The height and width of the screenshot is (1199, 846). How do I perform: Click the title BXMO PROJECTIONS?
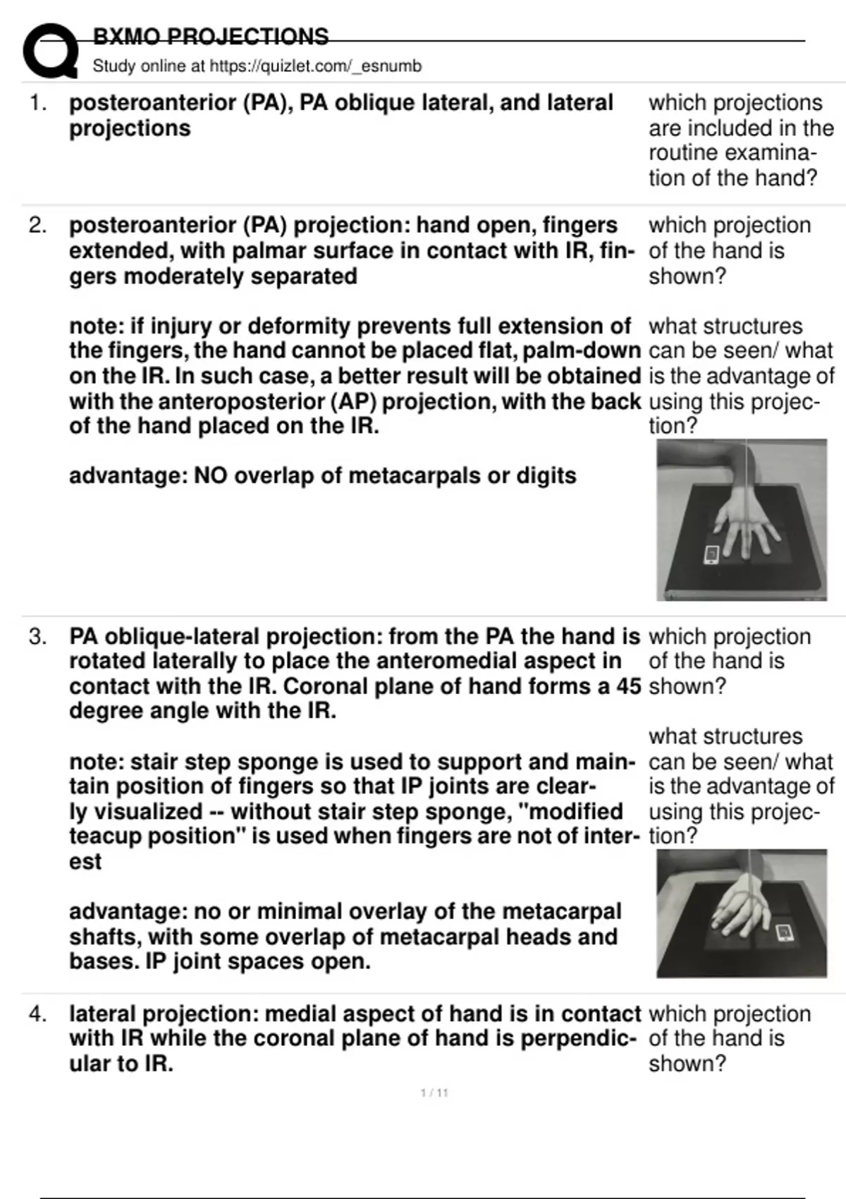(x=210, y=37)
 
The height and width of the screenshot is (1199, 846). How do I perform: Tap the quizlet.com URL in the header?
(x=316, y=66)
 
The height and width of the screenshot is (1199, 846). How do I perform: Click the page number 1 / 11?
(x=434, y=1093)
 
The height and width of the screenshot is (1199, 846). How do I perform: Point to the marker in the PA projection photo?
(x=711, y=554)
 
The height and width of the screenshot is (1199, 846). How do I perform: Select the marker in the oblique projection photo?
(x=783, y=933)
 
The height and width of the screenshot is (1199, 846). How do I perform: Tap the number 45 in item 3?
(x=627, y=686)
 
